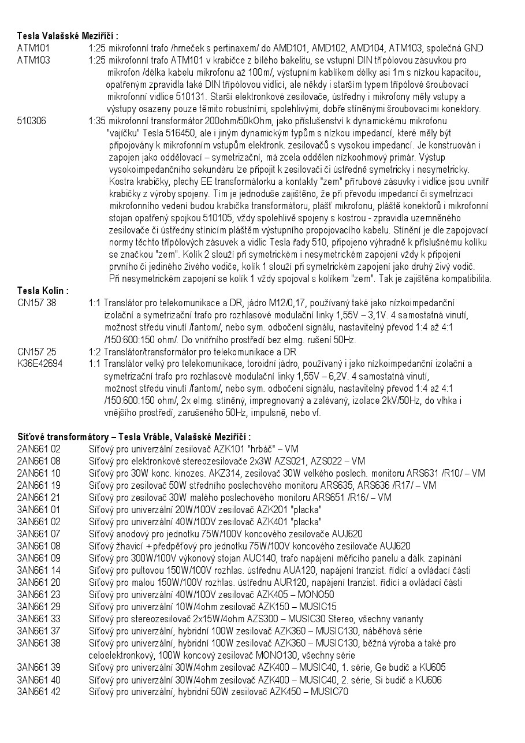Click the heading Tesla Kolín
click(43, 291)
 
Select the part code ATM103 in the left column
click(33, 60)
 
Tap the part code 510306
click(32, 121)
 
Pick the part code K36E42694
click(40, 363)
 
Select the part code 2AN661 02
click(39, 449)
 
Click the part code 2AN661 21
click(39, 497)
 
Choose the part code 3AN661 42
click(39, 692)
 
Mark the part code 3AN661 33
click(39, 619)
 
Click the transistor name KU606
click(433, 679)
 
